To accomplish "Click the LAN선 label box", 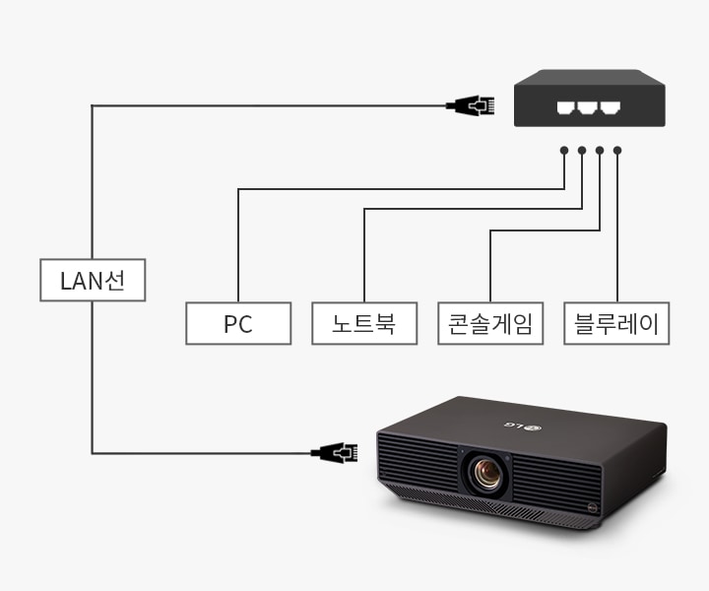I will [93, 281].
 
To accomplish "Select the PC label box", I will [238, 324].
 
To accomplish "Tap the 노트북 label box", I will [364, 324].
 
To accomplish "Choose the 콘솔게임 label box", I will [490, 324].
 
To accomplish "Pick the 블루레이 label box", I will [616, 324].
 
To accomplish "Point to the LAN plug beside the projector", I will [335, 453].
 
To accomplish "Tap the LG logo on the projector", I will [525, 425].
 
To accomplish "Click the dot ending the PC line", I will [564, 151].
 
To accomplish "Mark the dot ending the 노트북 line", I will [582, 151].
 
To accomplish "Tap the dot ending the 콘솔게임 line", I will [600, 151].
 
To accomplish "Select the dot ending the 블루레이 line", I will [617, 151].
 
